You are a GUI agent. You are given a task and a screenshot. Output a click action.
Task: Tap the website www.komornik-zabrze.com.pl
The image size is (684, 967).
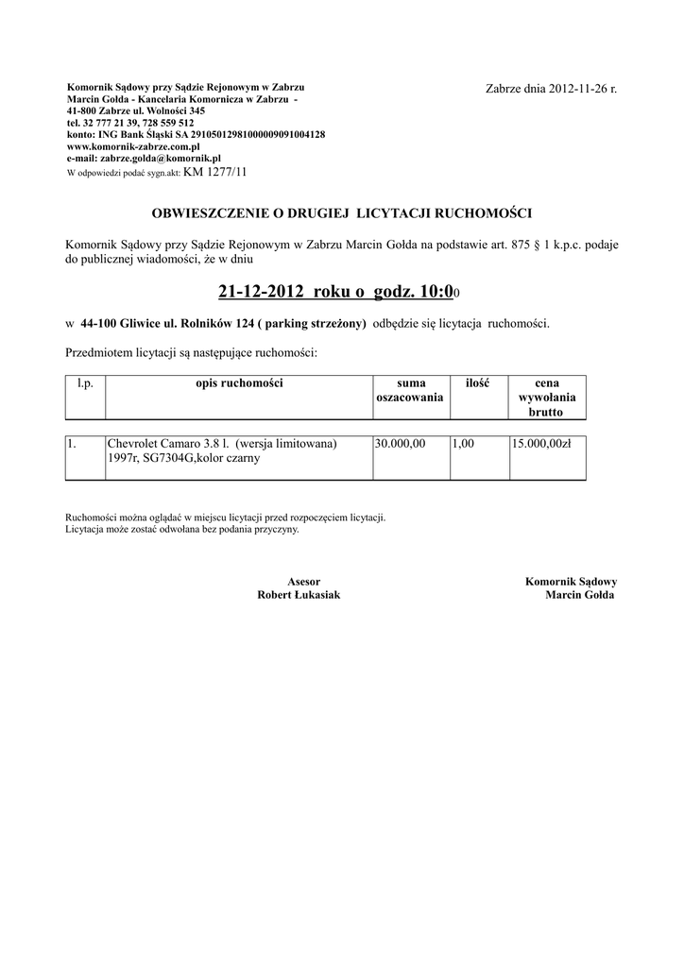click(133, 146)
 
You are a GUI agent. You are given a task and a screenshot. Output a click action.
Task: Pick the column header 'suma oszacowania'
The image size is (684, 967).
click(410, 390)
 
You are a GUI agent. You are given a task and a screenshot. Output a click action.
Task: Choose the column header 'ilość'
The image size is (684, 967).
click(477, 382)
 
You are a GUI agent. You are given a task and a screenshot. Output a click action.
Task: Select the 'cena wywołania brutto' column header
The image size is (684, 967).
click(546, 398)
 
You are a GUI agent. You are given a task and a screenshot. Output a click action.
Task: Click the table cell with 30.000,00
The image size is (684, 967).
click(401, 443)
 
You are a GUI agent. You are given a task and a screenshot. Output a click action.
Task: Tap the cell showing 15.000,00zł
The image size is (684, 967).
click(541, 443)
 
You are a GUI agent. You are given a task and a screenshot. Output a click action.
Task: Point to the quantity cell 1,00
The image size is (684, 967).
click(463, 443)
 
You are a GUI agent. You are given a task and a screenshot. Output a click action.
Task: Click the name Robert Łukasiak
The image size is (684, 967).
click(299, 596)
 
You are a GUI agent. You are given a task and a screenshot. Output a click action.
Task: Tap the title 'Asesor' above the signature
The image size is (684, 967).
click(303, 582)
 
